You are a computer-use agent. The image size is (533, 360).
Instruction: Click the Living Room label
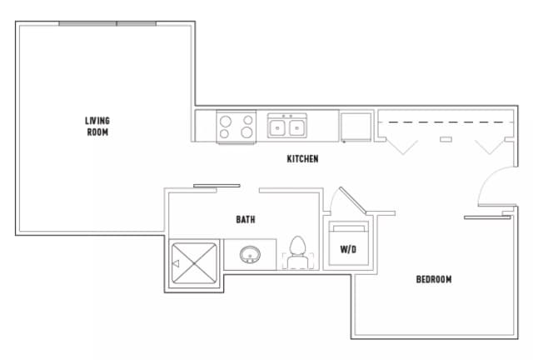(x=97, y=127)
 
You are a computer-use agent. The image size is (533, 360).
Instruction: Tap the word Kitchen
(x=302, y=159)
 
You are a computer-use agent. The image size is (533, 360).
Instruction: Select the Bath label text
(x=245, y=220)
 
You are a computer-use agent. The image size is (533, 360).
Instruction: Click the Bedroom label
(x=434, y=279)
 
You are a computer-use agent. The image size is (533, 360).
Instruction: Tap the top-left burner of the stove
(x=226, y=119)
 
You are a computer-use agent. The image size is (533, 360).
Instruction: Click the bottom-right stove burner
(x=247, y=132)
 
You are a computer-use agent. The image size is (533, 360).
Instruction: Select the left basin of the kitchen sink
(x=278, y=128)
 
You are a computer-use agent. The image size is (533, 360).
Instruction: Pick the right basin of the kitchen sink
(x=296, y=128)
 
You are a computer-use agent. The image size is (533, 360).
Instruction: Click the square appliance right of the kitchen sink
(x=355, y=127)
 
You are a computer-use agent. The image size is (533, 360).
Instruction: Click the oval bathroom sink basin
(x=250, y=254)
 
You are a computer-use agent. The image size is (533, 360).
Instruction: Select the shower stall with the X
(x=196, y=264)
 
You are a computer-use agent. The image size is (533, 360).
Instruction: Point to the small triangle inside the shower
(x=176, y=264)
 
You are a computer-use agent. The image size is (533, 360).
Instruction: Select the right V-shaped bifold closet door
(x=489, y=146)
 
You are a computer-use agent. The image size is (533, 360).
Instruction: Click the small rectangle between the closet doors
(x=446, y=138)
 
